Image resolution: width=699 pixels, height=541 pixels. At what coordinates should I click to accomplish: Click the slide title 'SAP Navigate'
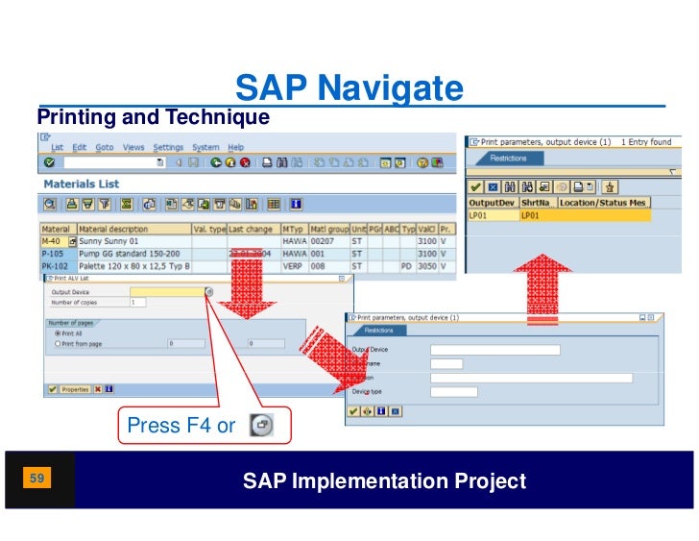pos(349,89)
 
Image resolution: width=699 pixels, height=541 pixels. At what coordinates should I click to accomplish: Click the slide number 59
pos(38,478)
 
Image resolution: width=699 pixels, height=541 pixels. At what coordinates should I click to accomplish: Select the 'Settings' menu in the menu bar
pos(168,147)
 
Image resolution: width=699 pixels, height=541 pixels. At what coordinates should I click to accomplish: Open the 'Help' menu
pos(235,147)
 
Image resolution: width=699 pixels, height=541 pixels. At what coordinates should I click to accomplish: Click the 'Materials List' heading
pos(82,183)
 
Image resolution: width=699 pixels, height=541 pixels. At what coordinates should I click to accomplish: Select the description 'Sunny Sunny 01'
pos(109,241)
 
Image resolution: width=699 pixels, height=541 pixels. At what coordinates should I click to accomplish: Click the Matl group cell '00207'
pos(323,241)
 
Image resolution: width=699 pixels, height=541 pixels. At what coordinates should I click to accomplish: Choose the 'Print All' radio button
pos(59,332)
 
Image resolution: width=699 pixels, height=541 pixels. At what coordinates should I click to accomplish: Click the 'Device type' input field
pos(453,391)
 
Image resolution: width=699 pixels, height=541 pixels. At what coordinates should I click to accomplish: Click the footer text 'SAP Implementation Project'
pos(384,481)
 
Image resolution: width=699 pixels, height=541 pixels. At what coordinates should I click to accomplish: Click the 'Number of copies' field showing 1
pos(137,303)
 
